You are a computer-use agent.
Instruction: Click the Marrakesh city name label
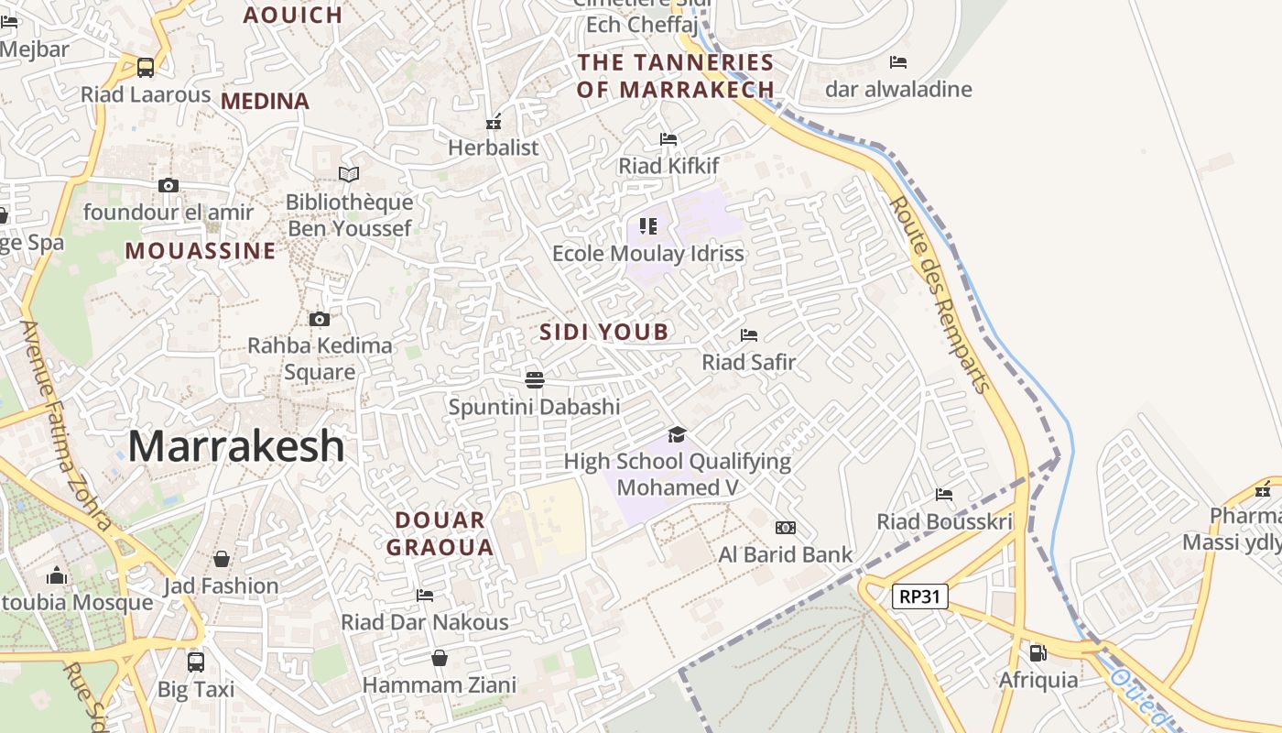click(236, 446)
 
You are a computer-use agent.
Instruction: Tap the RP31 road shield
click(919, 596)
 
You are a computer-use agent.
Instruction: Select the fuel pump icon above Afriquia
click(1038, 653)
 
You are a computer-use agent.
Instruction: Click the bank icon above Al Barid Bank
click(785, 528)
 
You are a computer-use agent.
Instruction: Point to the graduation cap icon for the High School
click(677, 434)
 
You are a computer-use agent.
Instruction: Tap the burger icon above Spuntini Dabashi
click(535, 379)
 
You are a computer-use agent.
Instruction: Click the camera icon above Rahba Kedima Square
click(319, 319)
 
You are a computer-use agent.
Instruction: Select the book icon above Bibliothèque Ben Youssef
click(349, 174)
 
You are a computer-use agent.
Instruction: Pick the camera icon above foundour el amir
click(168, 185)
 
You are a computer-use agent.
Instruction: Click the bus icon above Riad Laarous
click(146, 67)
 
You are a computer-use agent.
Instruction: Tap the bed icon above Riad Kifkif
click(668, 139)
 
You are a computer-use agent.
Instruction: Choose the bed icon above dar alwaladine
click(898, 62)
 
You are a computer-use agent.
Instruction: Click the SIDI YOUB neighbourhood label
click(603, 332)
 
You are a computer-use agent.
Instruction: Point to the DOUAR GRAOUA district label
click(440, 533)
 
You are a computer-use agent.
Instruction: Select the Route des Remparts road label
click(940, 293)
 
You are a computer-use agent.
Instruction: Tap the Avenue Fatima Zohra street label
click(65, 426)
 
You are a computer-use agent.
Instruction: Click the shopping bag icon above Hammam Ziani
click(440, 658)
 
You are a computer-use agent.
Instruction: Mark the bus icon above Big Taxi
click(195, 662)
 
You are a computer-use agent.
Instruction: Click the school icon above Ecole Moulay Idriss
click(648, 225)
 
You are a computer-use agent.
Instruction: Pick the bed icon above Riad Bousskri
click(944, 495)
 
